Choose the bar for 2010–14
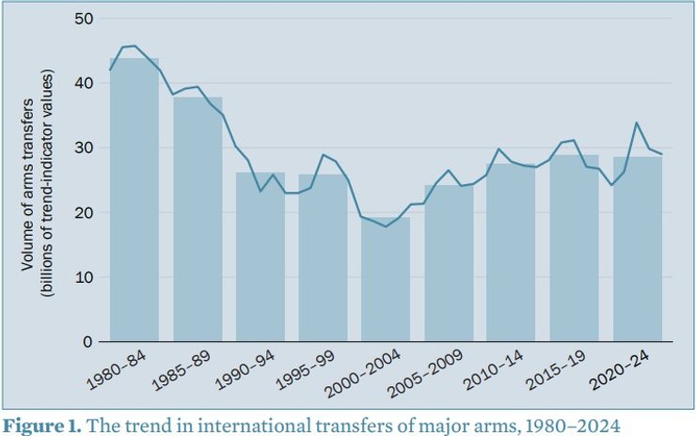[511, 253]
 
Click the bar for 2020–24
[637, 249]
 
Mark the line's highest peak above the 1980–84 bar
[134, 45]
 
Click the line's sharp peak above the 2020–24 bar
[637, 123]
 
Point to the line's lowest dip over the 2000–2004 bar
[386, 226]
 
